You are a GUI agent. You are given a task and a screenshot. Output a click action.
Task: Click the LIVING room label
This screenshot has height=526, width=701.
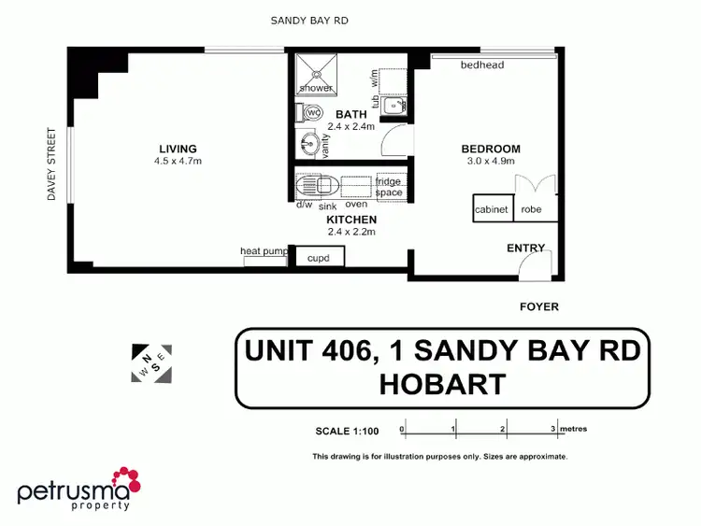pos(178,149)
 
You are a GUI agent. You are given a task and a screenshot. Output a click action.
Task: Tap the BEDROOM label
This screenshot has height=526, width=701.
pos(491,149)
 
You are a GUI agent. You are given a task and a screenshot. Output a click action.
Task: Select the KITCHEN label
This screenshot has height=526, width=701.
pos(351,220)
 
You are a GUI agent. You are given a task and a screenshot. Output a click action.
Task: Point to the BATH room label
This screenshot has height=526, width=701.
pos(351,115)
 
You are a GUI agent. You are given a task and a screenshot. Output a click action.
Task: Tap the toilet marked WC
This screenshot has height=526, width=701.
pos(313,113)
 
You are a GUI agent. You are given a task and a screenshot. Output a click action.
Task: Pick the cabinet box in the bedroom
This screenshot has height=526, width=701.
pos(492,209)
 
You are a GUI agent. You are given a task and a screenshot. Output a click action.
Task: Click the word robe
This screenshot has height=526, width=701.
pos(532,209)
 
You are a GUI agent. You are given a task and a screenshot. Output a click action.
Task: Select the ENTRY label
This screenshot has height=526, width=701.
pos(526,249)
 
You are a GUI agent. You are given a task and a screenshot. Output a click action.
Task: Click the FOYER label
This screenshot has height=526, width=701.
pos(539,306)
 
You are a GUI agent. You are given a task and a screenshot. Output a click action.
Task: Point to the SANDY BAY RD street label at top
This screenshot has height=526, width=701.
pos(309,20)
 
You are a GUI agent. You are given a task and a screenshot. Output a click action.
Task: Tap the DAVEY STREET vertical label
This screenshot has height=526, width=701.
pos(52,164)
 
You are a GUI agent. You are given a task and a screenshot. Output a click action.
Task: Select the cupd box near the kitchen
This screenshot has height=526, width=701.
pos(320,256)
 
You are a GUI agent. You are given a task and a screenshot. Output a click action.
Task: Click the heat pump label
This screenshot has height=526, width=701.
pos(264,250)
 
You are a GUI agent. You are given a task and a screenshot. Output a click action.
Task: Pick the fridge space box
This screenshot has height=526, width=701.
pos(388,187)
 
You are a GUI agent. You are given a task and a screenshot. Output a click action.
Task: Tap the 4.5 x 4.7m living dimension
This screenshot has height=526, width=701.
pos(178,161)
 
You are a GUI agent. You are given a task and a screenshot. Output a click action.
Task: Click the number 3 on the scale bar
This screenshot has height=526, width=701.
pos(553,429)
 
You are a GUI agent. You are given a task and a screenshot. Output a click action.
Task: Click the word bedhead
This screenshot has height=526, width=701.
pos(482,64)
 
